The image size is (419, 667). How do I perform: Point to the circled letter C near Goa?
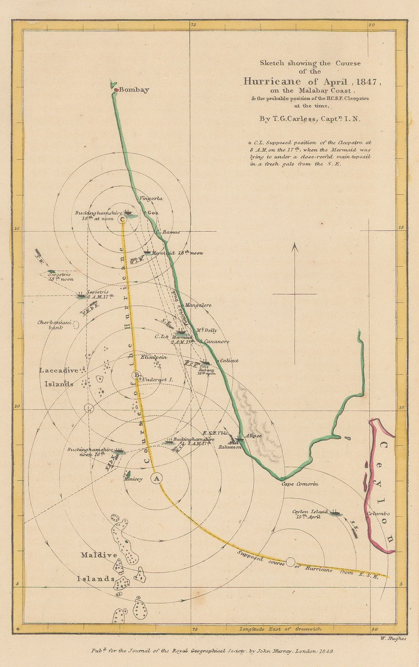point(122,219)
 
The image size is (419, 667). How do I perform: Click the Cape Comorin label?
point(300,484)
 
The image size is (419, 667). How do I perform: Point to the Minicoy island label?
point(133,479)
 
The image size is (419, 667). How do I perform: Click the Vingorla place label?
point(151,198)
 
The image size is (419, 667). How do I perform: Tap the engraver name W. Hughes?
point(393,638)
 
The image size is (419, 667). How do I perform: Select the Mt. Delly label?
point(207,330)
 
